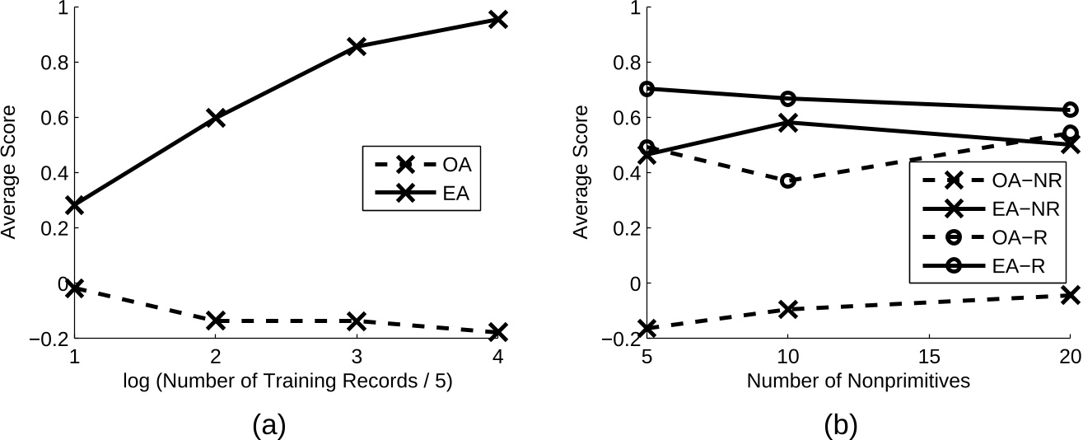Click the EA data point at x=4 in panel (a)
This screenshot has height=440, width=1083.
coord(497,19)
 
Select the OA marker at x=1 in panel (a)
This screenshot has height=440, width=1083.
coord(74,288)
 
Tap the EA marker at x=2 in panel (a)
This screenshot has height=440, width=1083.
coord(215,118)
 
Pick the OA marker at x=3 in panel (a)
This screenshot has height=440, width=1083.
coord(357,321)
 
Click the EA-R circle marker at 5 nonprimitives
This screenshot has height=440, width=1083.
coord(647,89)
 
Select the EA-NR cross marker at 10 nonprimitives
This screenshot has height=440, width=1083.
coord(787,123)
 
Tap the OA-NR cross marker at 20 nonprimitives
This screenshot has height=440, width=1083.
coord(1070,294)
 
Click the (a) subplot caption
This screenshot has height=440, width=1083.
coord(268,424)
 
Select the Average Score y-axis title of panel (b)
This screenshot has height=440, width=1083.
coord(582,172)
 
